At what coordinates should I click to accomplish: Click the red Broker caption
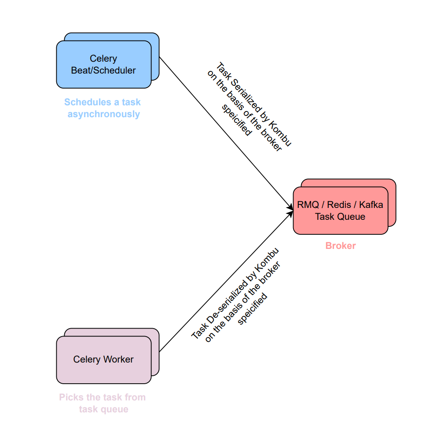(x=340, y=246)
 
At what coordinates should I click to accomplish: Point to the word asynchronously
(x=103, y=114)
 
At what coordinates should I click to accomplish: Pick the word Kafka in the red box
(x=371, y=205)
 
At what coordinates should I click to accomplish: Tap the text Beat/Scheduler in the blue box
(x=103, y=70)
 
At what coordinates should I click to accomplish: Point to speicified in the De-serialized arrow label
(x=253, y=308)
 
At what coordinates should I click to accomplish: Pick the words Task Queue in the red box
(x=340, y=217)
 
